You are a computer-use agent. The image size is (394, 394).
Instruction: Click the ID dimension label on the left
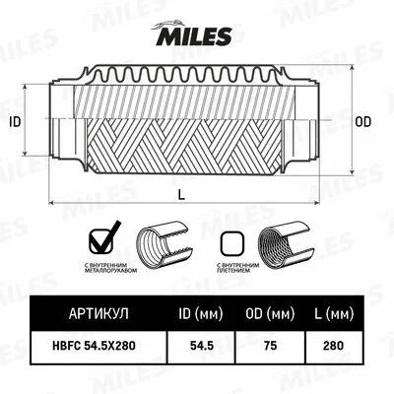[x=15, y=122]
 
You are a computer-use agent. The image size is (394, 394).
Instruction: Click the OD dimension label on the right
[x=362, y=122]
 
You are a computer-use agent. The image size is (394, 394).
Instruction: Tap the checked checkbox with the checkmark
[x=103, y=239]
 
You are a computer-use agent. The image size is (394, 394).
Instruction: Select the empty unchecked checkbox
[x=231, y=242]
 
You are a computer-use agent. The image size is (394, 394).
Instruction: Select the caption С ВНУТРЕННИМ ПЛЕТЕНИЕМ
[x=235, y=269]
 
